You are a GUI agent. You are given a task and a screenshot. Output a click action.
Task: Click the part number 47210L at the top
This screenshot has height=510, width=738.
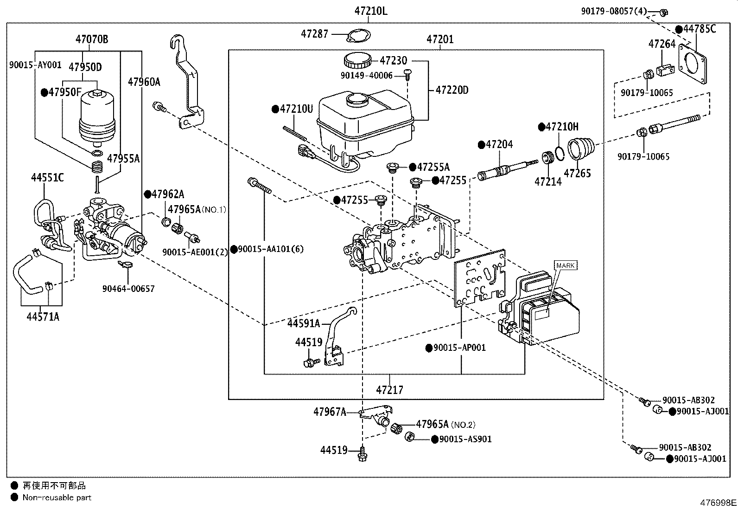(x=371, y=11)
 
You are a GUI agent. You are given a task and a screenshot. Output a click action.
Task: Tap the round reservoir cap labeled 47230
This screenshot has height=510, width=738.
(x=357, y=60)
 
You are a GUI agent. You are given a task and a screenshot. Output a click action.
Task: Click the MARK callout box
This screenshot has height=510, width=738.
(x=566, y=265)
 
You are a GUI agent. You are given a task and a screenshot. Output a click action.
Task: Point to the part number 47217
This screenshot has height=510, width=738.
(x=389, y=390)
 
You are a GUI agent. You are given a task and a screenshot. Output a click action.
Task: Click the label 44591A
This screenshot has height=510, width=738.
(x=304, y=323)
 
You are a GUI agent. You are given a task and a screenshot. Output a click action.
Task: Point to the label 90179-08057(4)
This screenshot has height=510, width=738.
(x=614, y=11)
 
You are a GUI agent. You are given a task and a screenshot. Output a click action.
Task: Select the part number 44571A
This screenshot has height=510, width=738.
(x=43, y=316)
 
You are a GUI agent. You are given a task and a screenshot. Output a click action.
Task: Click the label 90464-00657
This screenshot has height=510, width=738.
(x=128, y=289)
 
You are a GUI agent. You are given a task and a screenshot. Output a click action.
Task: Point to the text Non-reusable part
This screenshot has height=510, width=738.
(x=57, y=497)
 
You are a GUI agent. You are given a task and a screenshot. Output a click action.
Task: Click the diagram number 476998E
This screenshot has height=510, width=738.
(x=718, y=503)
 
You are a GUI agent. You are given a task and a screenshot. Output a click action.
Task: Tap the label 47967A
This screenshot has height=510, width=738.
(x=330, y=412)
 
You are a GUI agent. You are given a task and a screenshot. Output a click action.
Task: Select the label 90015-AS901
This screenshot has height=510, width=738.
(x=465, y=439)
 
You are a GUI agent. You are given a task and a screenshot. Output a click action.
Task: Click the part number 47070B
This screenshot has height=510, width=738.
(x=92, y=39)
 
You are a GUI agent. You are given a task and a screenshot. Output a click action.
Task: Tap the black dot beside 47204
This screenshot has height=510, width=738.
(x=481, y=144)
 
